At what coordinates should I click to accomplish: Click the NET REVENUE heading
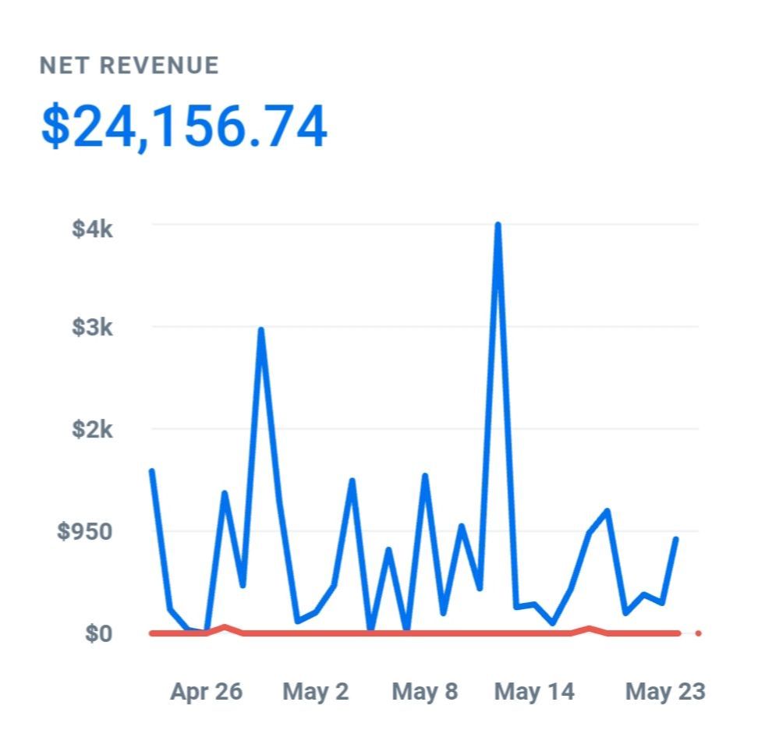129,66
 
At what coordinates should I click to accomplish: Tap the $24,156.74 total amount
184,127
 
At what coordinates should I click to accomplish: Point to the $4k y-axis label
93,229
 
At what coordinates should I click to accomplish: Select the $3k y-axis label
93,327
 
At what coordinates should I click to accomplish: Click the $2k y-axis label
93,429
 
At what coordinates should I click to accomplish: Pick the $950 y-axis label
84,531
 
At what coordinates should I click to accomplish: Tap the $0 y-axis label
98,633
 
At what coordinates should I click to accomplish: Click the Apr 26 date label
206,691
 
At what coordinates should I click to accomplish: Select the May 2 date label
315,691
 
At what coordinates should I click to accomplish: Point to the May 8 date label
425,691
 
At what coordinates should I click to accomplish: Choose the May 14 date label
534,691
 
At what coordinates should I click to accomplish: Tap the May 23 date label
665,691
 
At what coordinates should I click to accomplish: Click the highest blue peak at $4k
498,225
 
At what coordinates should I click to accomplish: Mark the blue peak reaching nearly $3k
260,330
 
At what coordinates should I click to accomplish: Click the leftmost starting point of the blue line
151,470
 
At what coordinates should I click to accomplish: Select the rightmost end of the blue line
676,539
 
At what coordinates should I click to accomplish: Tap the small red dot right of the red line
698,633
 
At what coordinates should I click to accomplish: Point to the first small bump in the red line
225,627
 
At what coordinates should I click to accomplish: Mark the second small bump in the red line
590,628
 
